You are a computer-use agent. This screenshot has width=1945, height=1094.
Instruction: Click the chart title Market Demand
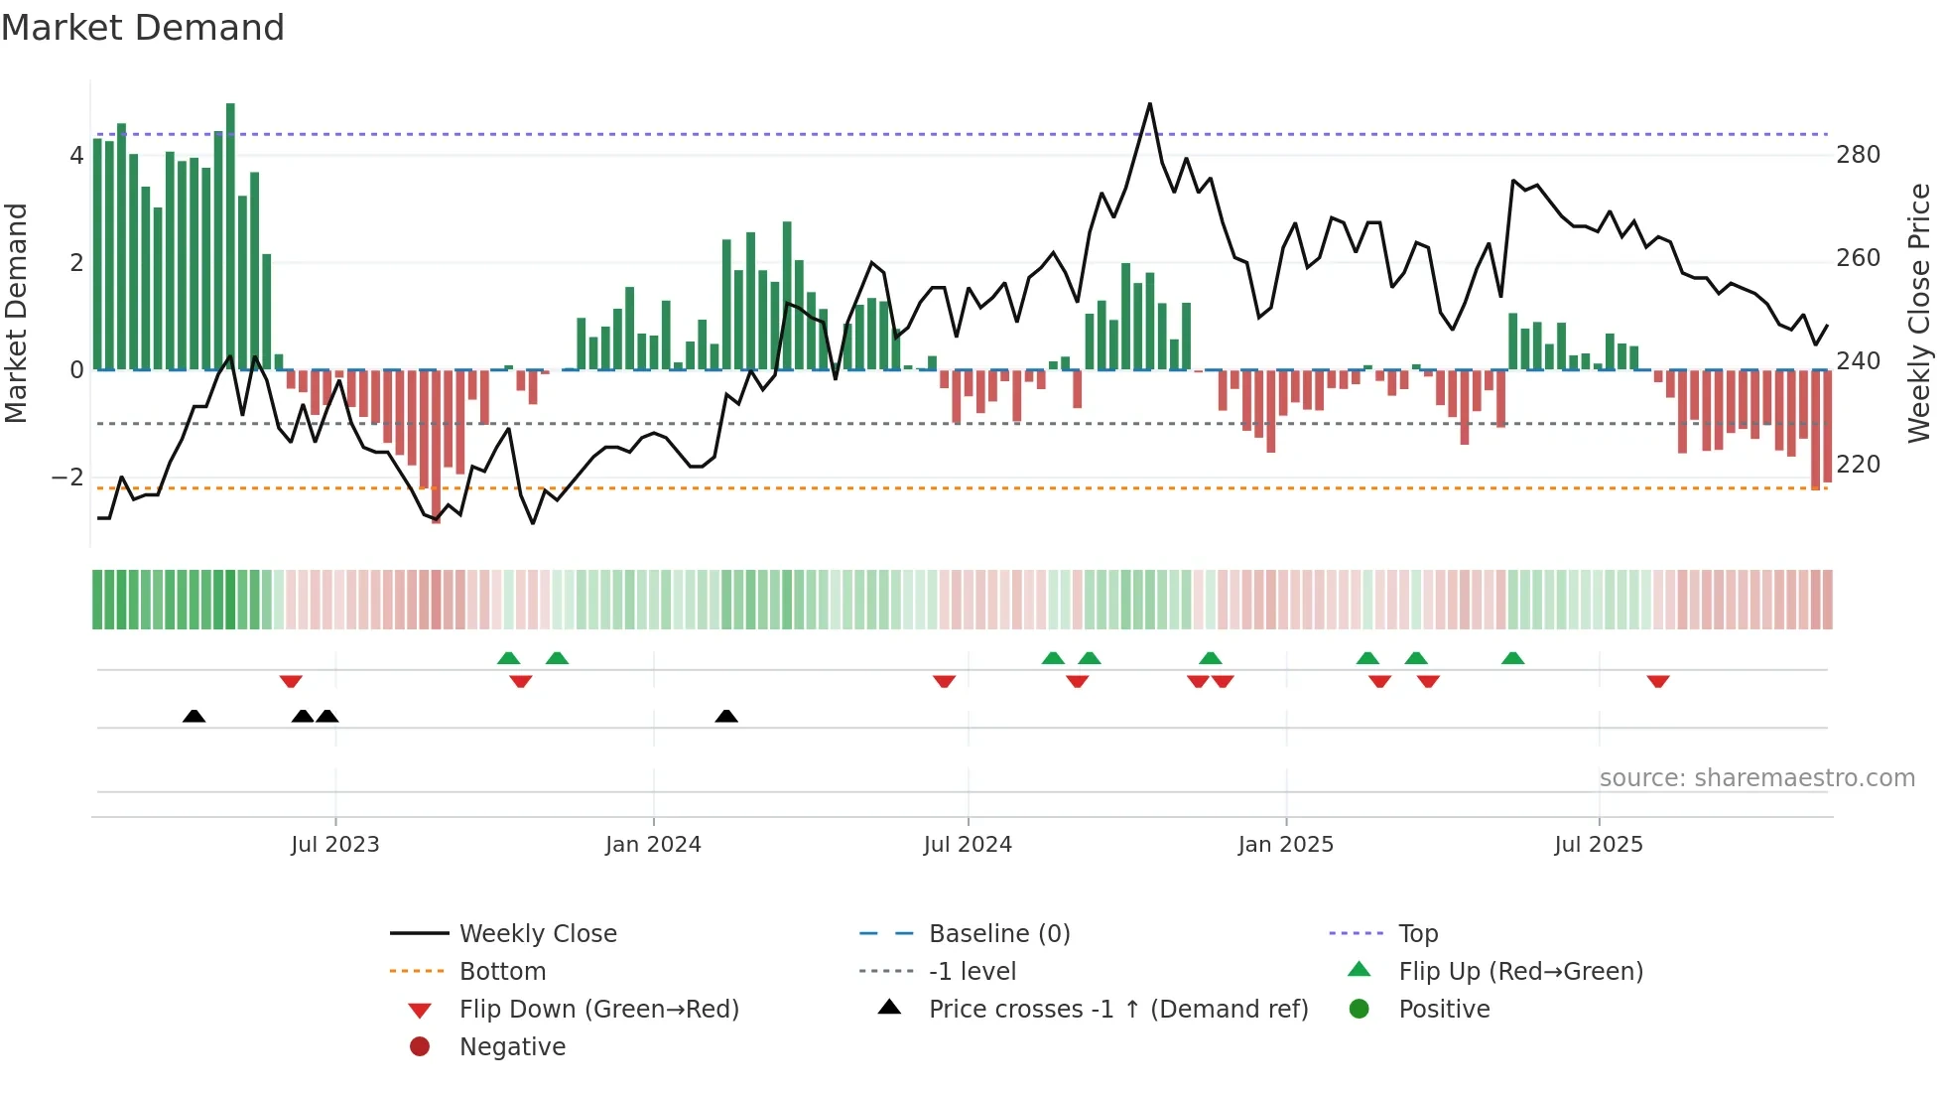[143, 28]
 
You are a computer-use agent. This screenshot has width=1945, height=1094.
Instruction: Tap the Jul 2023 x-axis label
[334, 845]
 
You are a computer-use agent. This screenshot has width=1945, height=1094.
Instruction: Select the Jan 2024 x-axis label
[653, 845]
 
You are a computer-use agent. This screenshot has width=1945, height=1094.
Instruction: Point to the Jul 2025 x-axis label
[1598, 845]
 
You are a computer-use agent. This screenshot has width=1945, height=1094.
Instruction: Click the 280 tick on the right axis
[1858, 155]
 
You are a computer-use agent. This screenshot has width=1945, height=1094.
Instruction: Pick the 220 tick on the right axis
[1858, 465]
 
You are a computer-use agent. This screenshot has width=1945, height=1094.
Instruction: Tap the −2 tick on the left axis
[67, 478]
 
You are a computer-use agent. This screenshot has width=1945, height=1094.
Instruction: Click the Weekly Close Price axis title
[1919, 313]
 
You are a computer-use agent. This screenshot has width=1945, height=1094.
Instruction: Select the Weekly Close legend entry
[537, 934]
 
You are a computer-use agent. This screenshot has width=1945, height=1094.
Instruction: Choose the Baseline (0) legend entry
[998, 934]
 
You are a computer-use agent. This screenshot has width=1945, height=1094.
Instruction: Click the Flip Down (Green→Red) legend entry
[598, 1010]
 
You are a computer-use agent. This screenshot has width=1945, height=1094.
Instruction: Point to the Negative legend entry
[512, 1047]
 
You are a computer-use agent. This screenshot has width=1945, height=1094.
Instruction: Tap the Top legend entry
[1417, 934]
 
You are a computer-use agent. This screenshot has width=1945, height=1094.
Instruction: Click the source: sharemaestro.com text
[1756, 778]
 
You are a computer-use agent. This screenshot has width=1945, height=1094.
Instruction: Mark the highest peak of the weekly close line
[1150, 104]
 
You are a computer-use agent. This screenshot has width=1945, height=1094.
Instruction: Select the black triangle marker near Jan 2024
[726, 716]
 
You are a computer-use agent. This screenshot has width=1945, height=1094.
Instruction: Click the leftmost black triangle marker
[194, 716]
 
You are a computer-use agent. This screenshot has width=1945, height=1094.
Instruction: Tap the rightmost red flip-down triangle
[1657, 681]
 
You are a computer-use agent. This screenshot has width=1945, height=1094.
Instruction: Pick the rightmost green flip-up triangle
[1512, 658]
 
